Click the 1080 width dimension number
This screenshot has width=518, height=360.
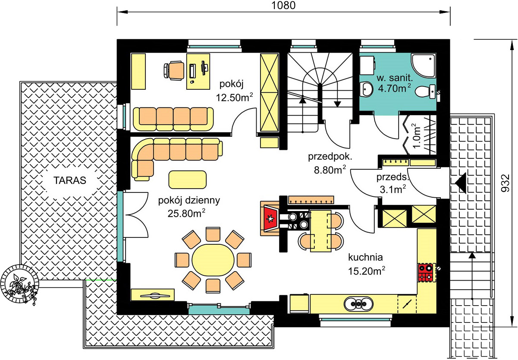[283, 5]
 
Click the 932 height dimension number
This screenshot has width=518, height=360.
[506, 183]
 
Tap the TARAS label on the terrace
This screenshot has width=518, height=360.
[70, 180]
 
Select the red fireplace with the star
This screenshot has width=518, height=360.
[270, 218]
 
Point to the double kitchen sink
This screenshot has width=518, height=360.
[358, 303]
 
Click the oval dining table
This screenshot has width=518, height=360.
[213, 260]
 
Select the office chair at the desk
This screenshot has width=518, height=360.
[174, 70]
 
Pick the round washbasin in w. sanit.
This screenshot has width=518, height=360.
[367, 89]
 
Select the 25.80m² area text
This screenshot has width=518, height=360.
[186, 213]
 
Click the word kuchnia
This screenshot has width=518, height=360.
[365, 257]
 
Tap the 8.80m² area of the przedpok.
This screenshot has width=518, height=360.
[330, 170]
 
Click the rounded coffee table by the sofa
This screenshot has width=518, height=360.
[188, 180]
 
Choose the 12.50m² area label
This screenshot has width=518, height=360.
[234, 98]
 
